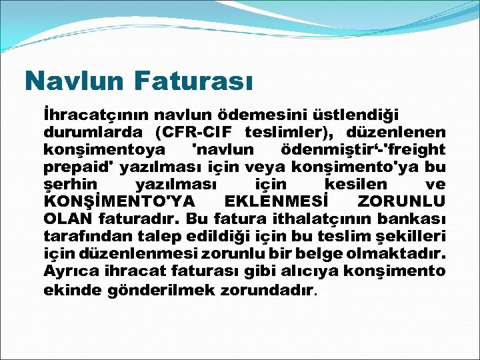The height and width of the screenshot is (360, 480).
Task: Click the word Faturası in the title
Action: (x=194, y=81)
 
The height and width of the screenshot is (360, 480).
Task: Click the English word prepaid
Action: (x=75, y=167)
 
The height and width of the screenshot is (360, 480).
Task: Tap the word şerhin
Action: (x=71, y=184)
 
